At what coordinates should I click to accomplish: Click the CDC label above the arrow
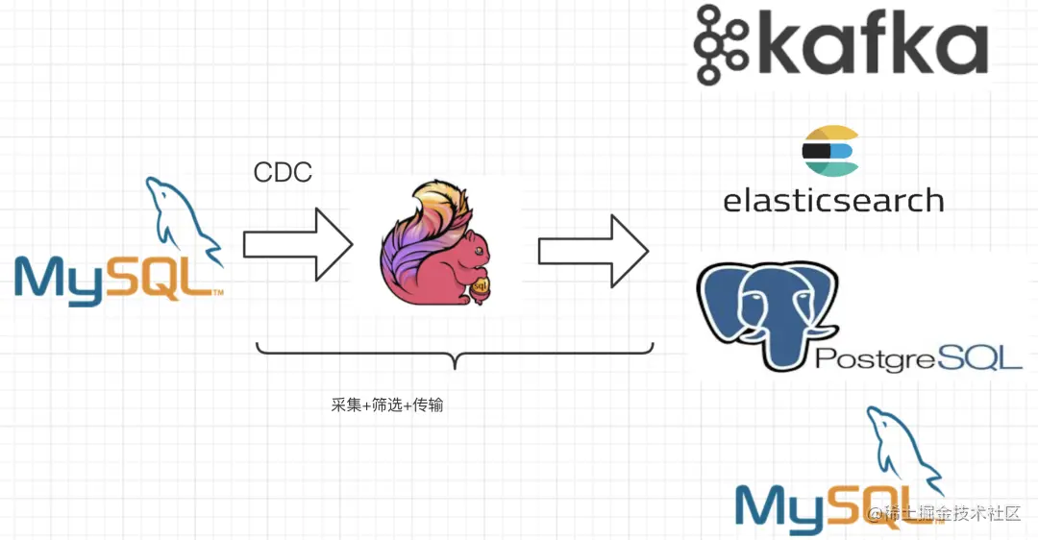pyautogui.click(x=283, y=172)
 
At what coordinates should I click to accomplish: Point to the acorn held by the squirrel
pyautogui.click(x=481, y=286)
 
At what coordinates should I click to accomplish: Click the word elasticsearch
pyautogui.click(x=833, y=200)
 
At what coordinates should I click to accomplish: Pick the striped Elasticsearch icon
pyautogui.click(x=829, y=151)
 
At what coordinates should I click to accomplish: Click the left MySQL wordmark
pyautogui.click(x=115, y=277)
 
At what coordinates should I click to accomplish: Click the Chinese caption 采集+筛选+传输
pyautogui.click(x=387, y=405)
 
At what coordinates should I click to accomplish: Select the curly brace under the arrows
pyautogui.click(x=455, y=356)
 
